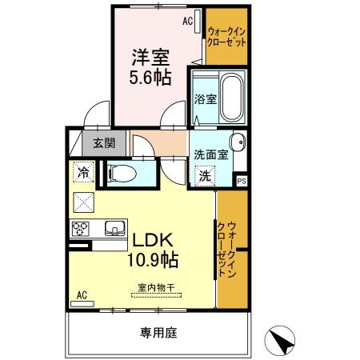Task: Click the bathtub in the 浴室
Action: pos(232,95)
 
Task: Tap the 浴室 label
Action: pos(205,100)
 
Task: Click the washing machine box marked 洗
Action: pos(204,175)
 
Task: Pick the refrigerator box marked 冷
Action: pos(82,170)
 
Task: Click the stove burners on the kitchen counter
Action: pos(82,229)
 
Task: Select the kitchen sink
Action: pos(114,229)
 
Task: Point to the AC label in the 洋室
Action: pos(188,22)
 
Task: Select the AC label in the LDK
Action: pos(81,295)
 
